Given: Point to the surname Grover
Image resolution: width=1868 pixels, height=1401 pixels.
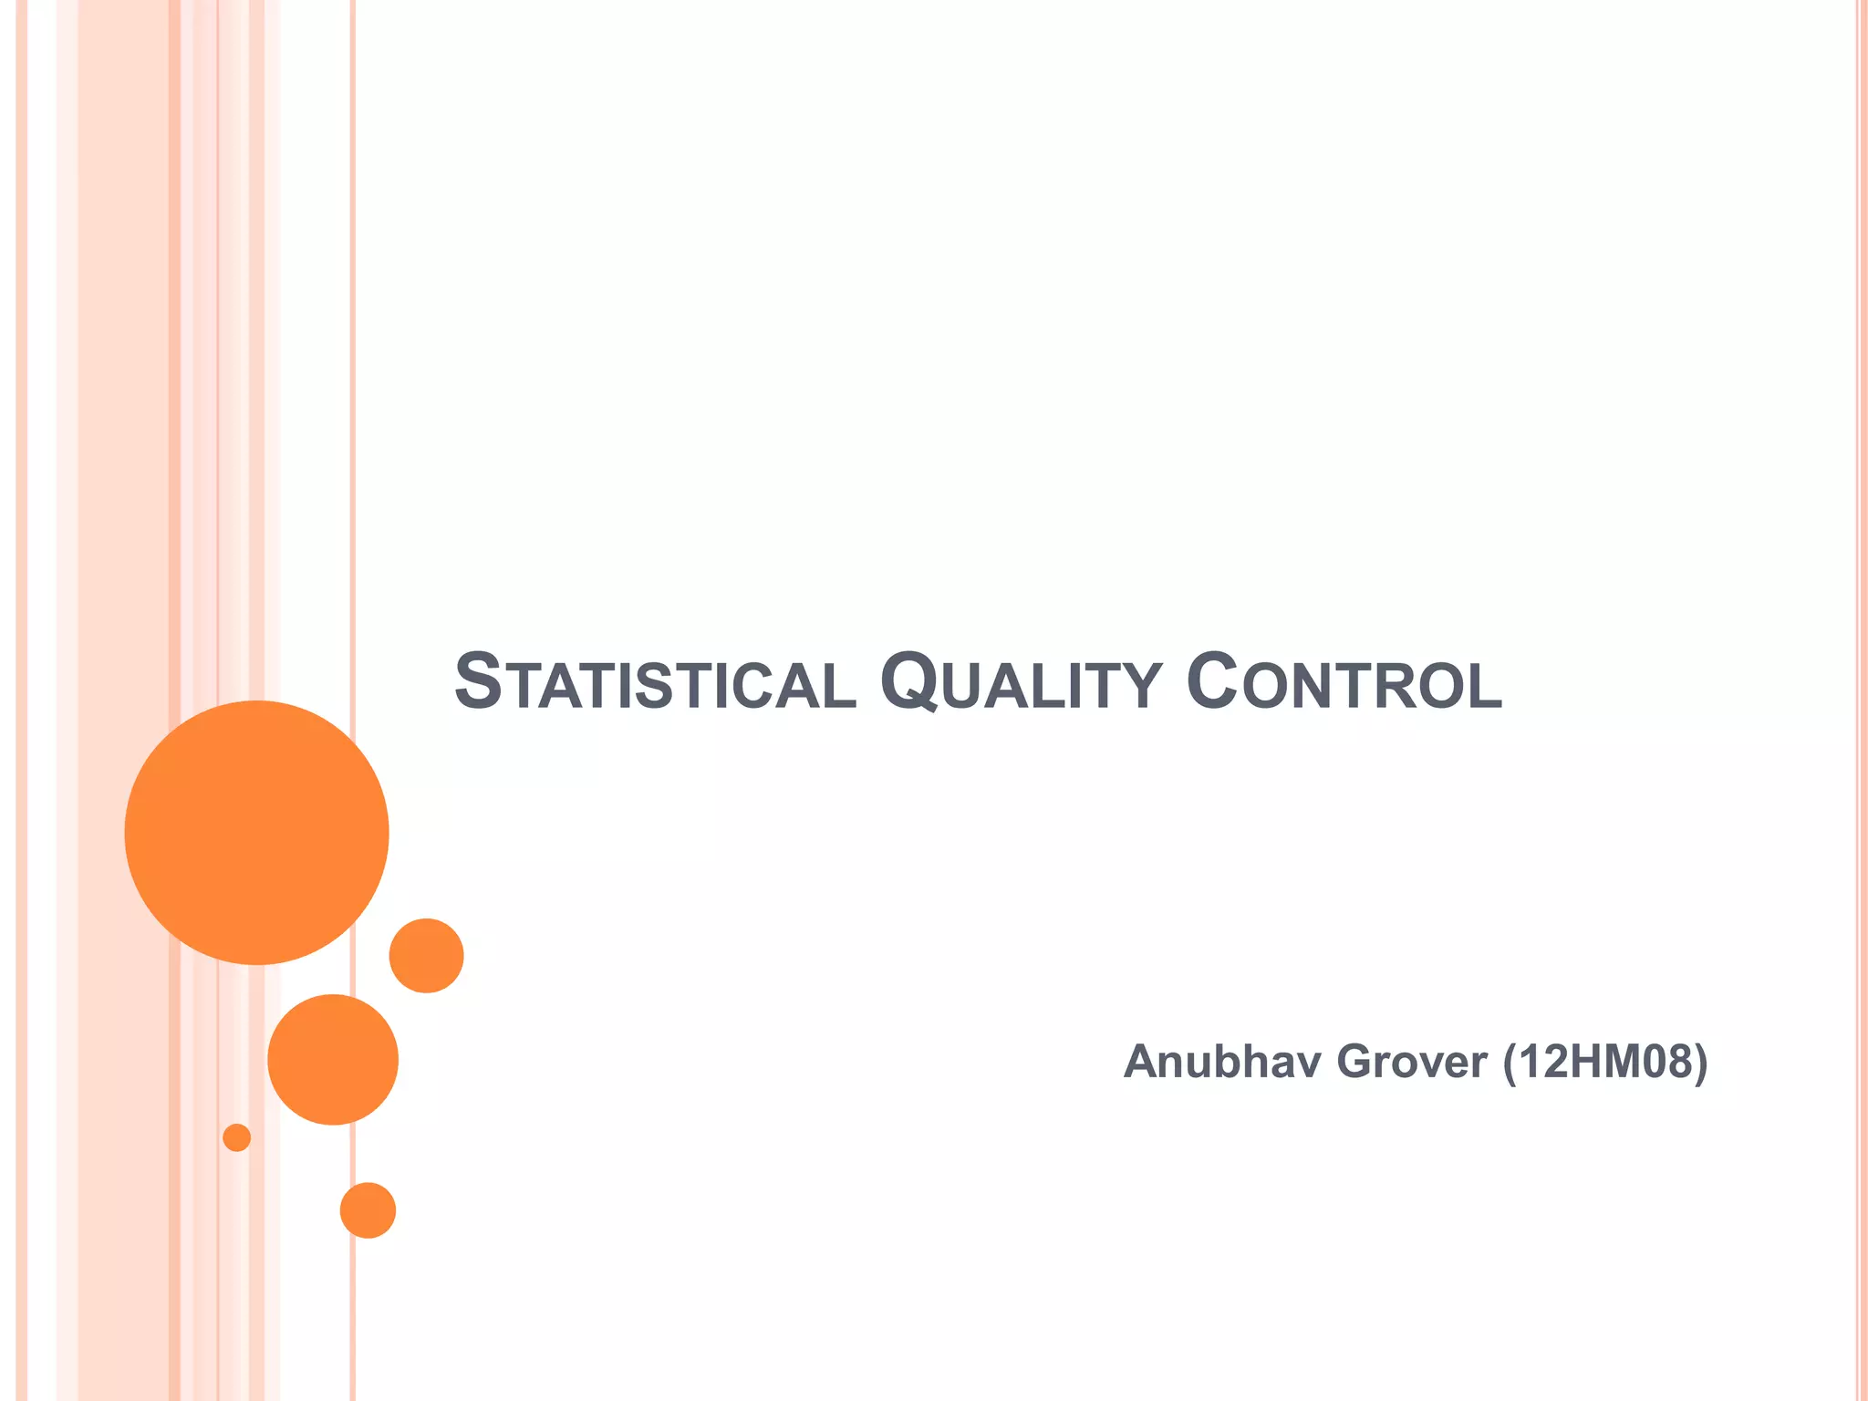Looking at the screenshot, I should (x=1412, y=1063).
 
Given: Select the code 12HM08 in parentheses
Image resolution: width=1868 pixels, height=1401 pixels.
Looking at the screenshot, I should (x=1603, y=1063).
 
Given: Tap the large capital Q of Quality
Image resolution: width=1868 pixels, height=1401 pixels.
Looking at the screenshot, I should (x=908, y=682).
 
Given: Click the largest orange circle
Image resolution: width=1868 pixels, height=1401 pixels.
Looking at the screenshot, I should (x=256, y=832).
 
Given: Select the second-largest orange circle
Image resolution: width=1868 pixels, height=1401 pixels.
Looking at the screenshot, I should (x=333, y=1059).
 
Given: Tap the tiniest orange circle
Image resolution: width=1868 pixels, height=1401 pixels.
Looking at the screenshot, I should (x=236, y=1137).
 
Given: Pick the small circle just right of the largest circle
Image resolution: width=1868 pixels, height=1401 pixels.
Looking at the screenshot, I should (x=426, y=955).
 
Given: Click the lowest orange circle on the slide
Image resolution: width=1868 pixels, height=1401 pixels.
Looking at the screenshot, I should (x=368, y=1210).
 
